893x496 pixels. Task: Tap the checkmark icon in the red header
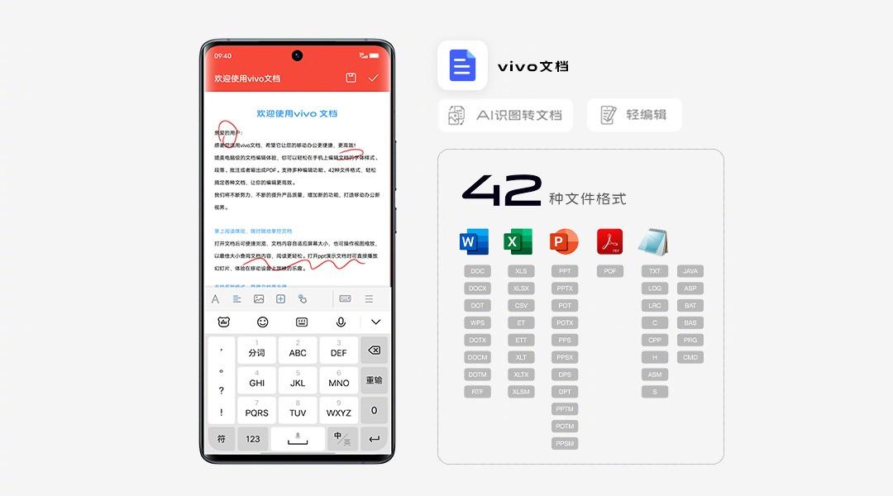tap(373, 78)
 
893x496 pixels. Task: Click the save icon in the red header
tap(351, 78)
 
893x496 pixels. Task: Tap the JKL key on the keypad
tap(298, 379)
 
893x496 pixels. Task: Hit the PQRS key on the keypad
tap(256, 409)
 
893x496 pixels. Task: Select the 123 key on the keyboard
tap(253, 439)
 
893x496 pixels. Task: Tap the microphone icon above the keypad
tap(341, 322)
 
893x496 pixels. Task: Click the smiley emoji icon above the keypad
tap(263, 322)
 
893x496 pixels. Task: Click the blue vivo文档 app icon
tap(462, 65)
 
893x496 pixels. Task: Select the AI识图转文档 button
tap(505, 115)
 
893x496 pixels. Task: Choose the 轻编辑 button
tap(634, 115)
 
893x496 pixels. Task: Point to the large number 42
tap(501, 190)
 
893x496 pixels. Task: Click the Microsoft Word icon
tap(474, 241)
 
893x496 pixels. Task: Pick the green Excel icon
tap(518, 241)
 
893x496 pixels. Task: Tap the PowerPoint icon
tap(564, 241)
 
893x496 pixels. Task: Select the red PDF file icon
tap(609, 241)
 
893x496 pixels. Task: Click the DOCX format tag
tap(477, 289)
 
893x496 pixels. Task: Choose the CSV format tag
tap(521, 306)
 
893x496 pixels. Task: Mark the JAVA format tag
tap(690, 271)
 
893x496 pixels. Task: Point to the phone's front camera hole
tap(297, 55)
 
